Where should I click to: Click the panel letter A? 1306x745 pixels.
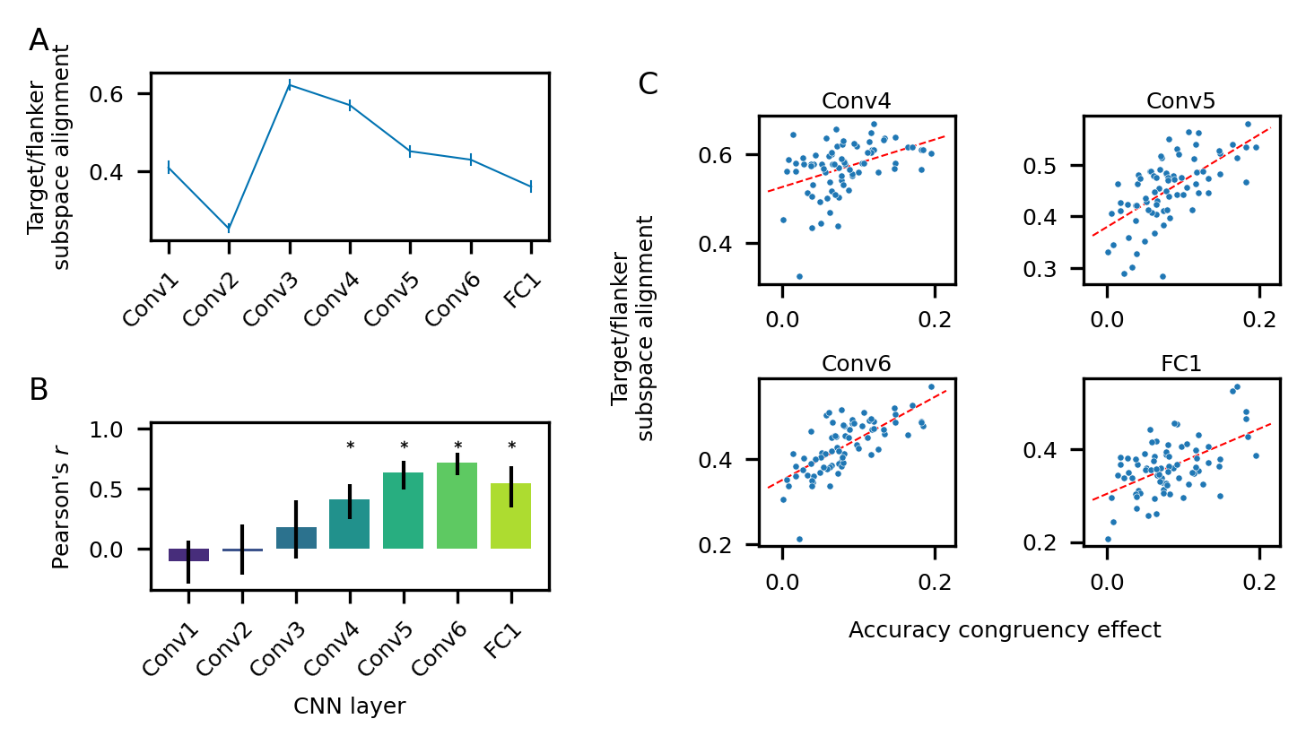coord(39,40)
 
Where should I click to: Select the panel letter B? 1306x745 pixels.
coord(39,390)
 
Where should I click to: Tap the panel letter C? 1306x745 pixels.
coord(648,84)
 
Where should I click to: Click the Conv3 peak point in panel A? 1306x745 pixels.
coord(290,85)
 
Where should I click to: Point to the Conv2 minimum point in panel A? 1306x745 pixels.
coord(229,229)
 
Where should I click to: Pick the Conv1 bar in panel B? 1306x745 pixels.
coord(188,555)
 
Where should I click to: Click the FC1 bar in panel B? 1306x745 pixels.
coord(511,516)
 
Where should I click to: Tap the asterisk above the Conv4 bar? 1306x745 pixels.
coord(351,446)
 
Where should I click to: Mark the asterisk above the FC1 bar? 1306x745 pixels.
coord(511,446)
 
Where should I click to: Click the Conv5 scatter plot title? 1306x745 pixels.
coord(1181,101)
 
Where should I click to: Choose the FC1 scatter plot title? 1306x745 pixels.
coord(1181,364)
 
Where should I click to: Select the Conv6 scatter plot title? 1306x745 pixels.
coord(857,364)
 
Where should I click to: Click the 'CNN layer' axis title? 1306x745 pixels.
coord(350,707)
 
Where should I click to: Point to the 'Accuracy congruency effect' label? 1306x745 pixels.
coord(1005,630)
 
